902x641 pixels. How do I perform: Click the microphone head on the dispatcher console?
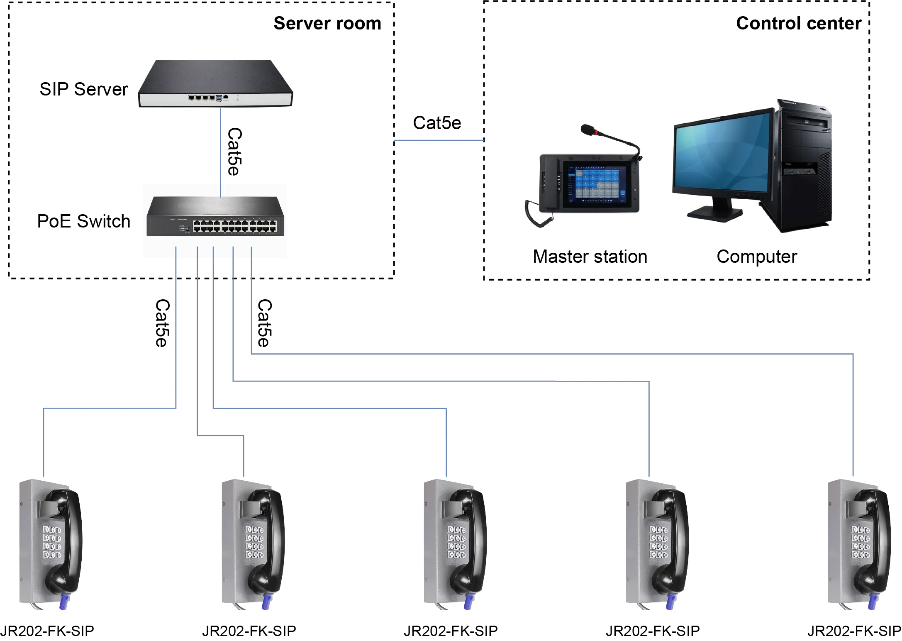click(x=586, y=130)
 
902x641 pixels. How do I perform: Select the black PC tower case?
click(x=805, y=166)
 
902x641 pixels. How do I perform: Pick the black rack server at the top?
click(x=216, y=83)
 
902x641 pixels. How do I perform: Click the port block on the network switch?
click(x=234, y=226)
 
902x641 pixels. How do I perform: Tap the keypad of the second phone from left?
click(x=254, y=542)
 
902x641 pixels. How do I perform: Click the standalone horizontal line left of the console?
click(x=438, y=141)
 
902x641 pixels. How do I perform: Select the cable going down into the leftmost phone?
click(x=43, y=444)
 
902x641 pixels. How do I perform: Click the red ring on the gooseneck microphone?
click(x=596, y=133)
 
